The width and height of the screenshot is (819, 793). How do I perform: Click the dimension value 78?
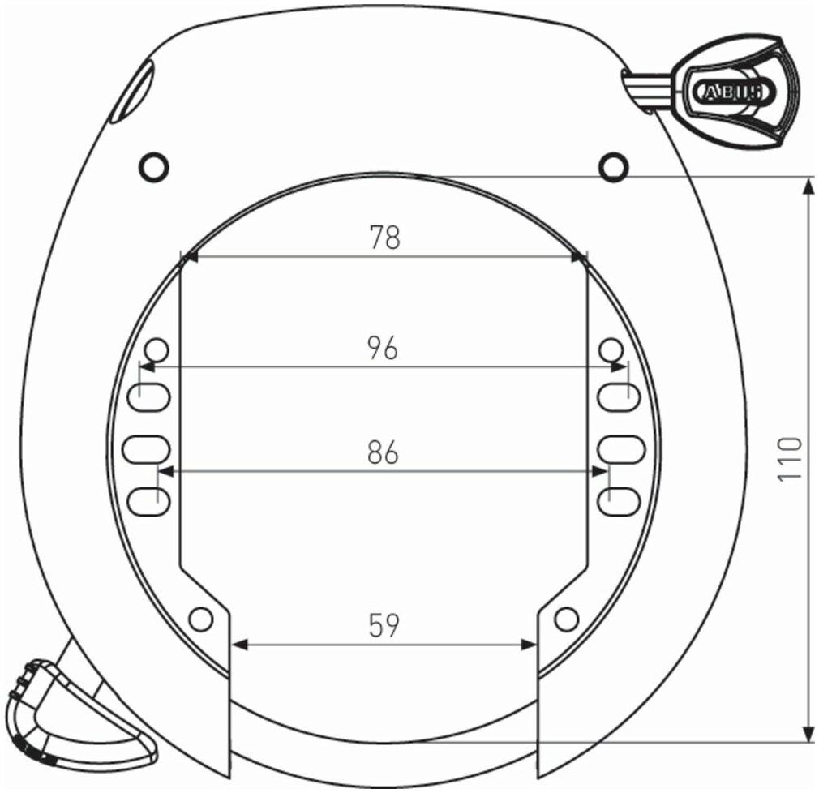(384, 237)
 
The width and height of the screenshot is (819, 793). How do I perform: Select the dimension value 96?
(383, 348)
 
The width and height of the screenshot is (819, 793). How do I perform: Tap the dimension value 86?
(383, 452)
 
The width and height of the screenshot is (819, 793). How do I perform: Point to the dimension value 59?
(384, 625)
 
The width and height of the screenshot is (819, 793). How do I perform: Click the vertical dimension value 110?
(789, 459)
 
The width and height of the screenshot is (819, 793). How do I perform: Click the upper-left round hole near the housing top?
(154, 167)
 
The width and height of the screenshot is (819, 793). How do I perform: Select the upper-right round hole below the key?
(613, 167)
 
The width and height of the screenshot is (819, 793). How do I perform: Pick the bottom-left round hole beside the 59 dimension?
(200, 619)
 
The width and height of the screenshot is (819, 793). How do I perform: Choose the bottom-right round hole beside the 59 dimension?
(566, 619)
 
